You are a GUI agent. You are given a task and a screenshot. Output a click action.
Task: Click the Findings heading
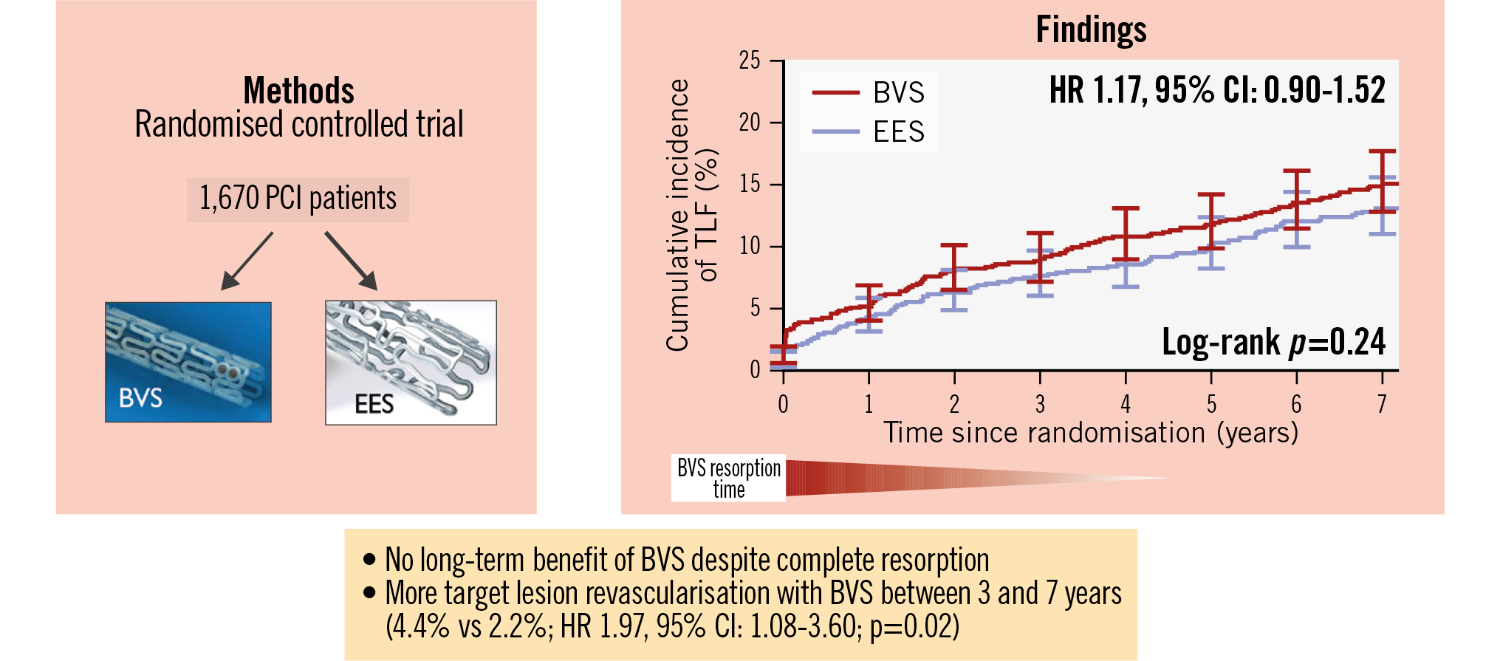click(1091, 30)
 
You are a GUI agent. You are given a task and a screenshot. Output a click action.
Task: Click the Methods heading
click(298, 92)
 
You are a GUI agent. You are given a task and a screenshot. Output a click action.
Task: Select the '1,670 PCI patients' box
click(298, 199)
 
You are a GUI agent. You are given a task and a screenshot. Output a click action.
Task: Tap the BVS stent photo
click(188, 362)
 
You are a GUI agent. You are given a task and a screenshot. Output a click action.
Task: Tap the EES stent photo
click(411, 362)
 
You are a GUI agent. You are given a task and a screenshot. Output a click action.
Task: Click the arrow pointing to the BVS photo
click(247, 261)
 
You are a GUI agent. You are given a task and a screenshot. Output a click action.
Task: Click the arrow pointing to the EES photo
click(352, 261)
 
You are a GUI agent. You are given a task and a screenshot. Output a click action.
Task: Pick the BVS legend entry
click(869, 93)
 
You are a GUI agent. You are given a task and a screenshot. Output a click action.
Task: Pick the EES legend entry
click(869, 132)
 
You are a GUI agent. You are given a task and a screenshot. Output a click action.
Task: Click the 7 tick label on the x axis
click(1382, 404)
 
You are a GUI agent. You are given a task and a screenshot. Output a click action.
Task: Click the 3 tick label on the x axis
click(1040, 404)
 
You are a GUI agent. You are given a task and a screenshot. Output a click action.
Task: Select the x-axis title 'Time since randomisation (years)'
click(1091, 433)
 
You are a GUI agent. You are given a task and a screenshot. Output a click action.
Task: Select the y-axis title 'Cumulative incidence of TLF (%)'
click(691, 214)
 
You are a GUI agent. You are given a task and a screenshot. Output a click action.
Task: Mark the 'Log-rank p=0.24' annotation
click(1273, 342)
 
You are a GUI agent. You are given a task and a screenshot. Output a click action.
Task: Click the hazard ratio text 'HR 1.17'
click(1097, 90)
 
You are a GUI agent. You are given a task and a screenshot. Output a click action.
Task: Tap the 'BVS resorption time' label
click(728, 479)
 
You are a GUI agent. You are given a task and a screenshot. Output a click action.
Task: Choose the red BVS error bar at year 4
click(1126, 233)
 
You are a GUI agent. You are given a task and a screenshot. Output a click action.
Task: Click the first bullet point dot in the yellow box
click(369, 559)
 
